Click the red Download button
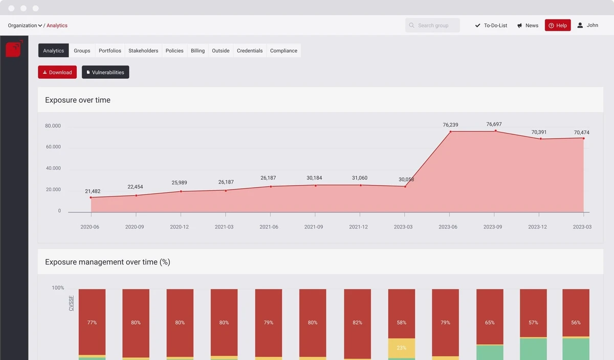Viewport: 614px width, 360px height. (x=57, y=72)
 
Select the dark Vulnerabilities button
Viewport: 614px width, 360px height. (x=105, y=72)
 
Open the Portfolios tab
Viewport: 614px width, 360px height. (x=110, y=51)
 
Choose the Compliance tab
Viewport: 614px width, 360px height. (x=283, y=51)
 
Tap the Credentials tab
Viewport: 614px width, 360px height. (x=250, y=51)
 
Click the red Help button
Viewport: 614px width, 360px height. (x=557, y=25)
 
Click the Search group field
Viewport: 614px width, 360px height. (x=432, y=25)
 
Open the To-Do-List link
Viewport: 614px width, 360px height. (x=491, y=25)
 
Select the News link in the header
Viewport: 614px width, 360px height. (x=528, y=25)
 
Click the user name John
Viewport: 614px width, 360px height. (x=592, y=25)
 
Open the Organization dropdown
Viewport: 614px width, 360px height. (x=25, y=25)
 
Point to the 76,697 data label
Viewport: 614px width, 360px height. (x=494, y=124)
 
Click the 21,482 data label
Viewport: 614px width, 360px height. (x=93, y=191)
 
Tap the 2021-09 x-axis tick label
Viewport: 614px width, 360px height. (x=314, y=227)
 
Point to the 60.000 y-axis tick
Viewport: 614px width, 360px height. (x=53, y=147)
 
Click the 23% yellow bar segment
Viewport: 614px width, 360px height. (x=401, y=348)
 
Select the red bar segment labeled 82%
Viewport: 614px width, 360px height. (x=357, y=322)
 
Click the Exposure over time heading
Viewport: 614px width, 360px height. (x=78, y=100)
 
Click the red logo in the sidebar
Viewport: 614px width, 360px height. (x=14, y=49)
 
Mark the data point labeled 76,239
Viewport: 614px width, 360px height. (x=450, y=132)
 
